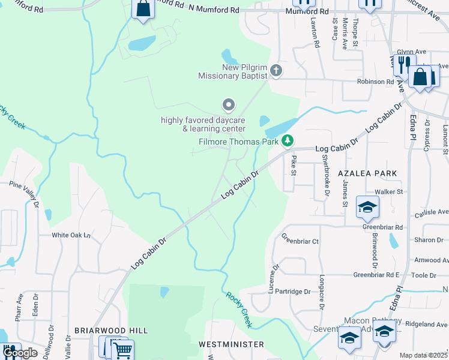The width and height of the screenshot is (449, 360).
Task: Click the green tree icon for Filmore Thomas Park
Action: [x=288, y=141]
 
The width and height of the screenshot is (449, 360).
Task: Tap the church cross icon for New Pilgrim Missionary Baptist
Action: [x=276, y=71]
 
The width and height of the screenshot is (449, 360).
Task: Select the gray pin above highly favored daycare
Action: [x=228, y=106]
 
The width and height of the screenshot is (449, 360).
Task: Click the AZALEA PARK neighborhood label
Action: [x=367, y=173]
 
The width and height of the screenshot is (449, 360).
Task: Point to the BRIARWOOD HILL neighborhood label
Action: [x=111, y=331]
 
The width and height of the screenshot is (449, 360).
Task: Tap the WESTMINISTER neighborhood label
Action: [x=231, y=344]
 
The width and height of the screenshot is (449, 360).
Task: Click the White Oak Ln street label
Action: [x=70, y=235]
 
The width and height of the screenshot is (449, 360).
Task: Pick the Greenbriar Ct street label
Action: [x=300, y=241]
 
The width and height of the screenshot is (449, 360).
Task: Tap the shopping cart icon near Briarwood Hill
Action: [x=122, y=349]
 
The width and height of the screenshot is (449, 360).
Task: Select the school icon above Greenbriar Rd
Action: [x=367, y=207]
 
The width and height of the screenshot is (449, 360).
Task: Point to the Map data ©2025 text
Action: [x=424, y=355]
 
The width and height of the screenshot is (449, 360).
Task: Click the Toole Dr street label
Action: [x=424, y=275]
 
